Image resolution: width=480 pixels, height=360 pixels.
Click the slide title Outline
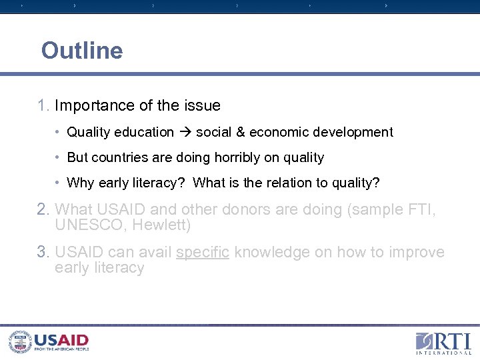(x=82, y=51)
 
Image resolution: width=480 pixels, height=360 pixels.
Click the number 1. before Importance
(x=44, y=106)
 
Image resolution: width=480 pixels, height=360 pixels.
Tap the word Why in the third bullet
(x=81, y=183)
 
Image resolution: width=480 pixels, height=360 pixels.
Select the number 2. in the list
(x=44, y=210)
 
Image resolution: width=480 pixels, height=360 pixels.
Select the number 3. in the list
(x=44, y=253)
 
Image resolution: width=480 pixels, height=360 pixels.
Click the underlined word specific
(x=203, y=253)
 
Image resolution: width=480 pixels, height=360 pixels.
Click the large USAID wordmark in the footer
(x=61, y=340)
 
